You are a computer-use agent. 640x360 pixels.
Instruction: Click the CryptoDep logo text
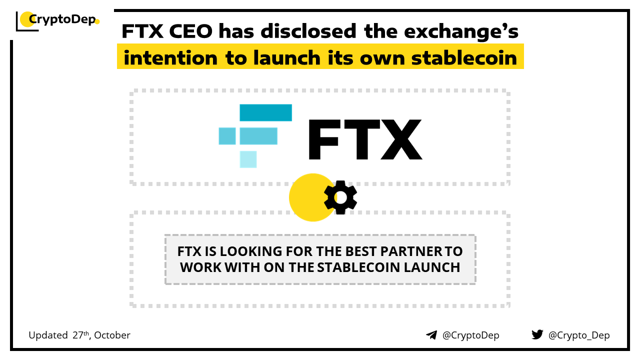click(x=62, y=19)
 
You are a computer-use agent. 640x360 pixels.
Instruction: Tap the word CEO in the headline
click(x=191, y=31)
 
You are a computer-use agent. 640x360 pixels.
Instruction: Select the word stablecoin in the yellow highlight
click(x=464, y=58)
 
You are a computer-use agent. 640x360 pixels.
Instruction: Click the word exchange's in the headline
click(x=461, y=32)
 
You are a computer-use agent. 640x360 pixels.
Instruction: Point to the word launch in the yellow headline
click(x=287, y=57)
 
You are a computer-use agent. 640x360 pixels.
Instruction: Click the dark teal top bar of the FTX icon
click(x=265, y=112)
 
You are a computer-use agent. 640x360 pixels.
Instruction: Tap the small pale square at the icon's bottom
click(x=248, y=159)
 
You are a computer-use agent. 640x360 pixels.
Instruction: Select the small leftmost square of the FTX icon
click(x=227, y=136)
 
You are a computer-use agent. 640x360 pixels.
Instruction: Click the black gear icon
click(x=340, y=197)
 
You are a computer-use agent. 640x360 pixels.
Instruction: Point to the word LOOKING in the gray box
click(x=251, y=251)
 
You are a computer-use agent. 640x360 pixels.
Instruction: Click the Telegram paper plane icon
click(x=431, y=335)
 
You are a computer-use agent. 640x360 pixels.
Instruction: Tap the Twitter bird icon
click(x=537, y=334)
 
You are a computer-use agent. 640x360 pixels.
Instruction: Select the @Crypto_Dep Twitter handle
click(x=579, y=335)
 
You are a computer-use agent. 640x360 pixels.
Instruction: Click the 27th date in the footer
click(x=80, y=335)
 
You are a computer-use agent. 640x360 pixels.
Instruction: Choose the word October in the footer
click(x=112, y=335)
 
